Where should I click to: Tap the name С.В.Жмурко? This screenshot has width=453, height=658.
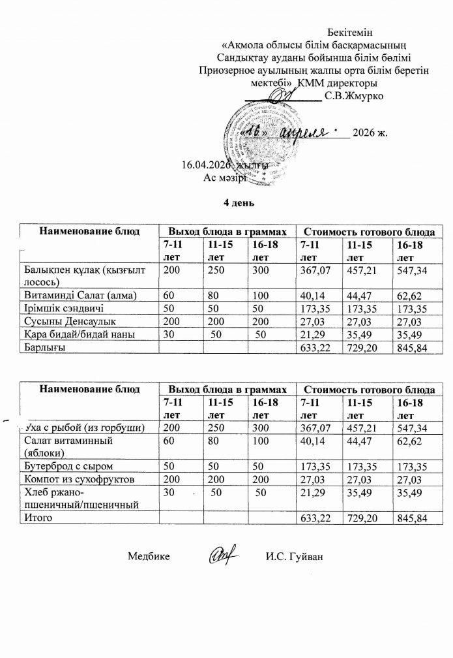(353, 97)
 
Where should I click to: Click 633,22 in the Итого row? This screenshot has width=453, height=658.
(312, 517)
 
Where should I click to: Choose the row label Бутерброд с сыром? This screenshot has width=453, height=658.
(68, 466)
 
